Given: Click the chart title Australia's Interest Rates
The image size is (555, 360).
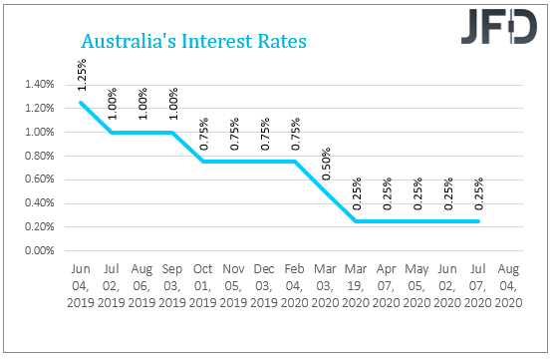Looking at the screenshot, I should click(192, 43).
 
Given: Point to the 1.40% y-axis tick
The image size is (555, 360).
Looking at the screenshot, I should click(36, 84).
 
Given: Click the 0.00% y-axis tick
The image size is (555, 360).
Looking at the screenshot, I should click(36, 249).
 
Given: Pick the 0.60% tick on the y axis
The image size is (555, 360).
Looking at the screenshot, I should click(36, 179).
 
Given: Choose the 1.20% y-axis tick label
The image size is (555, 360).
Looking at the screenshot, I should click(36, 108).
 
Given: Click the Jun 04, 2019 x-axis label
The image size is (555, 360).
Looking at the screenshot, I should click(80, 284).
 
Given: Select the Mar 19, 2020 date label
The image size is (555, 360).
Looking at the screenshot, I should click(356, 284).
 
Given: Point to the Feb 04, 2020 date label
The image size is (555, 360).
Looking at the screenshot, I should click(294, 284).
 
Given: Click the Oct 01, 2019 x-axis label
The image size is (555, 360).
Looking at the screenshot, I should click(202, 284).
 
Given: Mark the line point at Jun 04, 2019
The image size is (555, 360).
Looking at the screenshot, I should click(80, 102).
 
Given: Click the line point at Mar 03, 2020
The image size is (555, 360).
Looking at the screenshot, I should click(325, 190).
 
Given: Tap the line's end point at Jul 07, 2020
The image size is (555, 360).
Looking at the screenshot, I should click(479, 220).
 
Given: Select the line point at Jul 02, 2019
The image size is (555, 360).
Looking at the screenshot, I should click(111, 132).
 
